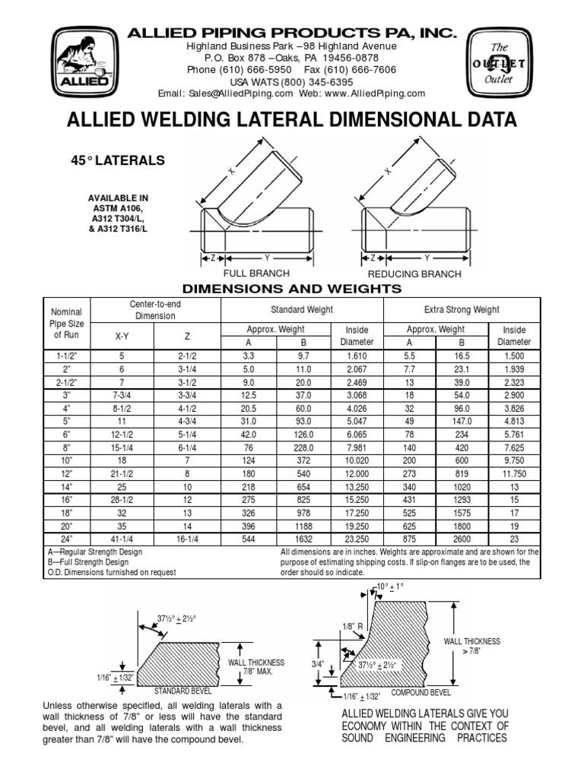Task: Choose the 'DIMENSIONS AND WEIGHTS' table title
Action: click(292, 289)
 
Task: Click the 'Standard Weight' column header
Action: click(302, 310)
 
